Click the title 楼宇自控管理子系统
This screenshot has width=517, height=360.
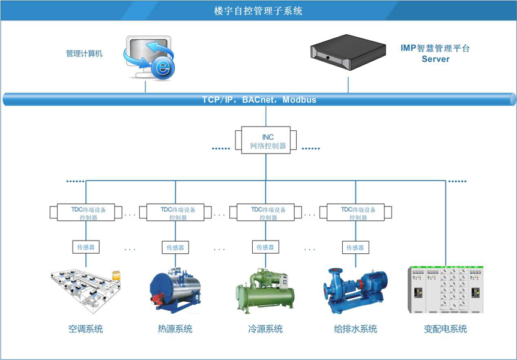258,11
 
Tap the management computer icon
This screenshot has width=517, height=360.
148,58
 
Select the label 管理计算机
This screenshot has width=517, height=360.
84,53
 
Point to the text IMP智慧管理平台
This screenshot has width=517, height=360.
435,48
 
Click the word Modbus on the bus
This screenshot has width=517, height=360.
299,100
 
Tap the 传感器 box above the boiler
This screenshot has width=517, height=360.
175,247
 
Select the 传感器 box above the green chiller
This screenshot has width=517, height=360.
265,247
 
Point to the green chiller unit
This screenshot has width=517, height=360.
265,292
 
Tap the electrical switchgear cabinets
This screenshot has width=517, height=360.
445,289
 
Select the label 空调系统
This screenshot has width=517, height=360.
85,329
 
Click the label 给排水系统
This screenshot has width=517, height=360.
355,329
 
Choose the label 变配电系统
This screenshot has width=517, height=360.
445,329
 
